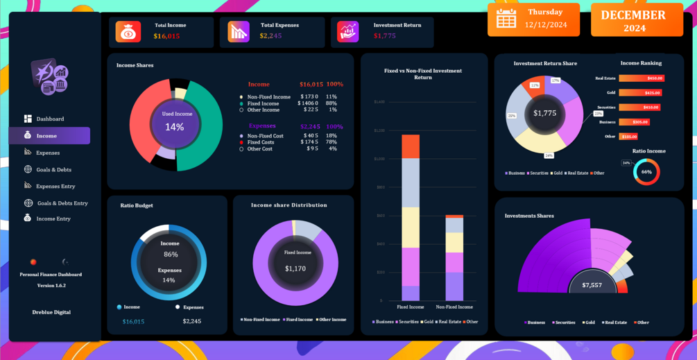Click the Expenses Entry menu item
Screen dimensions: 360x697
55,186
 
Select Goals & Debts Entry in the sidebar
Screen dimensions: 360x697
62,203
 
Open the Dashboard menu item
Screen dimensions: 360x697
50,119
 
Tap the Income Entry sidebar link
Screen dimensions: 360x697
53,218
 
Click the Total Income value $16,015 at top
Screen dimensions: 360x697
166,36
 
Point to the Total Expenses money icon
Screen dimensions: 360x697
239,31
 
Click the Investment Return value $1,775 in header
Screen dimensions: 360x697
384,36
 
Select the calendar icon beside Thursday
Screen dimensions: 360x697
506,19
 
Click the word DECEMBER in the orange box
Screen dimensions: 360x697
633,15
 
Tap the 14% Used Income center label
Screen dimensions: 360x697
175,127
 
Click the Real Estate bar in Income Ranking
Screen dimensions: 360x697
642,78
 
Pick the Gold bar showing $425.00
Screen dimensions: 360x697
640,93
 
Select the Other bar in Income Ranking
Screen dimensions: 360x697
629,137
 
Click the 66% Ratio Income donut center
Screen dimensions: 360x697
646,172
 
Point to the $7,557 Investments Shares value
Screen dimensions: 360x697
592,285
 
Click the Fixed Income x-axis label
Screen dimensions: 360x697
411,307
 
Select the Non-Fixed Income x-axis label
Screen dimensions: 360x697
454,307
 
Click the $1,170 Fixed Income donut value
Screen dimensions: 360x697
295,268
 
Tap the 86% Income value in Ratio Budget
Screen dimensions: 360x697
170,255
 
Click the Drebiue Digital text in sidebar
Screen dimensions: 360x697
51,312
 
